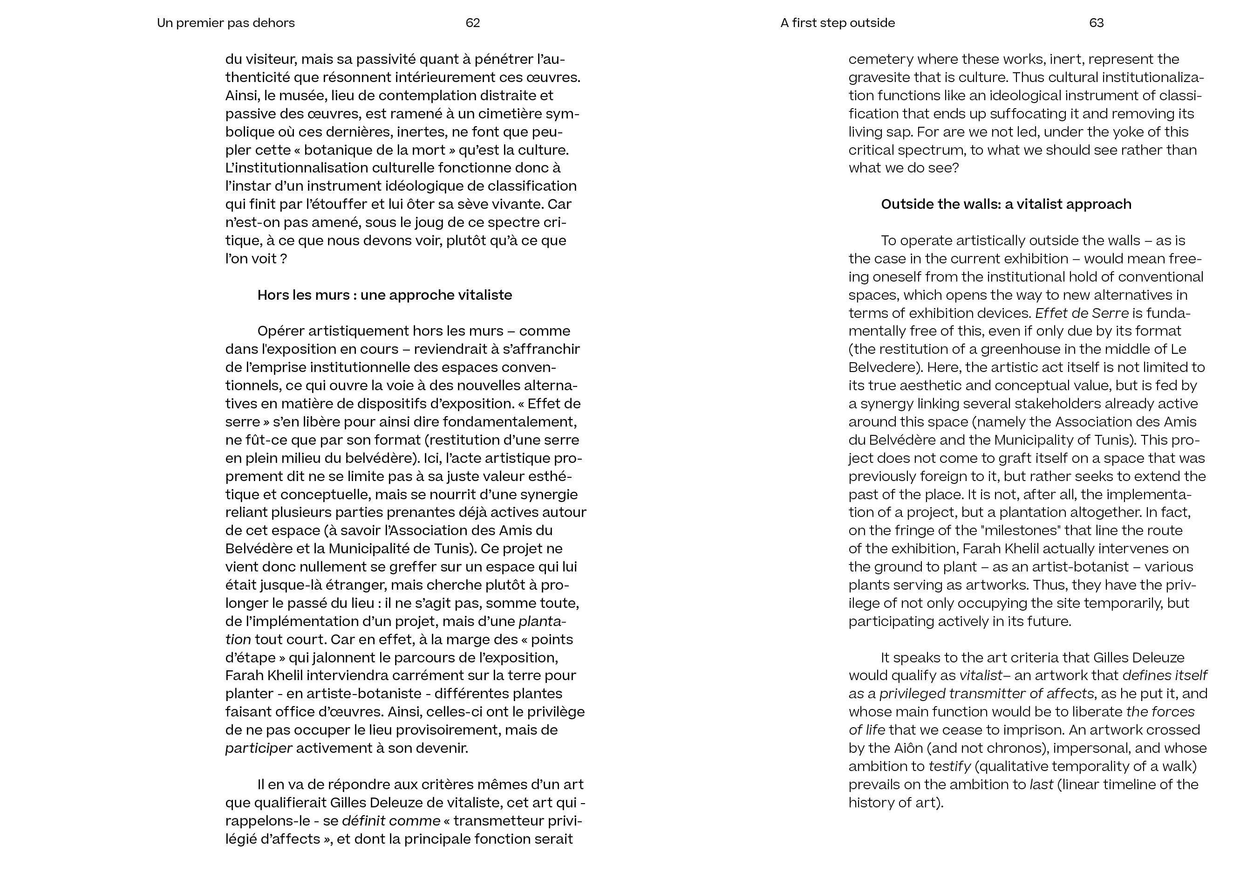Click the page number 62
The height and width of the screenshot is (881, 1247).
tap(472, 23)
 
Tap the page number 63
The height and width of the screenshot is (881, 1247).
tap(1096, 23)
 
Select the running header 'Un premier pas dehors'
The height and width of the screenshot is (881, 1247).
tap(226, 23)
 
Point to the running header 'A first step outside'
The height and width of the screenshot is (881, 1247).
tap(838, 23)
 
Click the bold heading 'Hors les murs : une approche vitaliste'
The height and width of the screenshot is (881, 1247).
tap(384, 295)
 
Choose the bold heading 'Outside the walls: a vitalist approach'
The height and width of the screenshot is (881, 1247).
tap(1006, 204)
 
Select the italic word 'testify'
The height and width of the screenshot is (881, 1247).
tap(949, 766)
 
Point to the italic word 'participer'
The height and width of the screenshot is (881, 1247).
tap(259, 749)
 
